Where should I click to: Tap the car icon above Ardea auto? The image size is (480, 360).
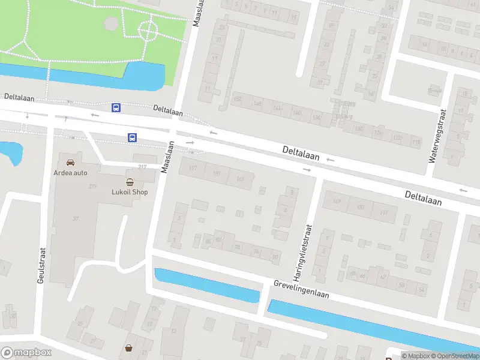coord(71,162)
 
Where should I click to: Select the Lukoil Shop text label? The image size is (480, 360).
coord(130,192)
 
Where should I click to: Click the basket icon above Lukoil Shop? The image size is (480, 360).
coord(130,182)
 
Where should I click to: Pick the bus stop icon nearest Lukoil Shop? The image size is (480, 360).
coord(131,137)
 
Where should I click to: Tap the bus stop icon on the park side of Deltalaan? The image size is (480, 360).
coord(116,108)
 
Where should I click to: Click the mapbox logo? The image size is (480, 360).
coord(25,353)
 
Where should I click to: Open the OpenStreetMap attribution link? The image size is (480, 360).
coord(454,356)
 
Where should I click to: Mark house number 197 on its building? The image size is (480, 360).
coord(193,168)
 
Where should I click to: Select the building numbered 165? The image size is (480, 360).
coord(241,178)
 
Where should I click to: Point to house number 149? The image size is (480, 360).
coord(336,202)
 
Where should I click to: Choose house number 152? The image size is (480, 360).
coord(238,99)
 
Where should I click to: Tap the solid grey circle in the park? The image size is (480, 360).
coord(111,23)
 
